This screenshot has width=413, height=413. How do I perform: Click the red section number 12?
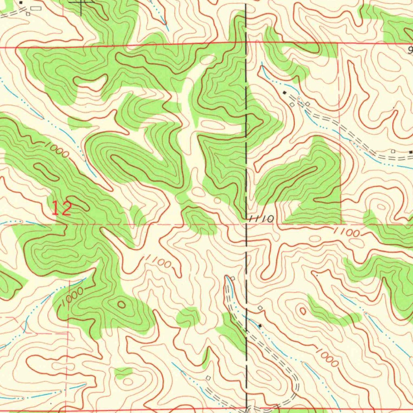(x=62, y=209)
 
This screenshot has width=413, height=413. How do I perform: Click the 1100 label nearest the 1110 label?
(x=347, y=232)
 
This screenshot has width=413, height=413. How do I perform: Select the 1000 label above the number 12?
(x=56, y=150)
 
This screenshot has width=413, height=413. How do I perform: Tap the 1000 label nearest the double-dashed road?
(x=327, y=357)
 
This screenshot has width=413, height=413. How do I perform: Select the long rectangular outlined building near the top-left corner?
(x=35, y=8)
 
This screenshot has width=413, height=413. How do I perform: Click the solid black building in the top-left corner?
(x=21, y=2)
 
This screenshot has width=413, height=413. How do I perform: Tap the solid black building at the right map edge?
(x=411, y=152)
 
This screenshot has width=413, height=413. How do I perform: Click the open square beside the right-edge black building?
(x=393, y=151)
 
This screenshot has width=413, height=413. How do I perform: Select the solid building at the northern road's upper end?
(x=285, y=93)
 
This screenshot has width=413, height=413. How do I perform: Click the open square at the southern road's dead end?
(x=233, y=278)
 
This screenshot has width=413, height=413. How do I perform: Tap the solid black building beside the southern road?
(x=260, y=325)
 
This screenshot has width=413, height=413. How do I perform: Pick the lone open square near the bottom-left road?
(x=208, y=378)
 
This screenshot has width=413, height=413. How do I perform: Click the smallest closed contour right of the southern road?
(x=302, y=311)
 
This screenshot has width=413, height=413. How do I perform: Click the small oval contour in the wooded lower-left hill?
(x=121, y=305)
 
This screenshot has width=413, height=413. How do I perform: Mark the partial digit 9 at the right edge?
(x=410, y=50)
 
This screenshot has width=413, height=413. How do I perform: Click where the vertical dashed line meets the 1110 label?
(x=247, y=218)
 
